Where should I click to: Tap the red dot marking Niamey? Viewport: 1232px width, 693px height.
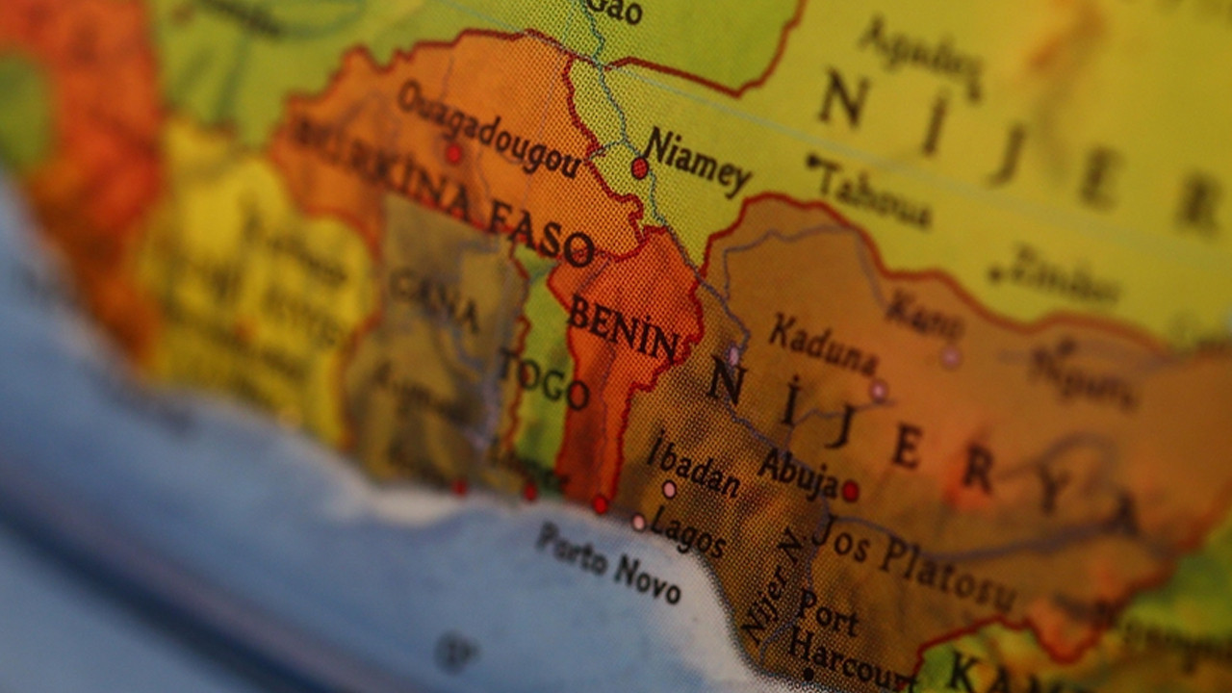639,168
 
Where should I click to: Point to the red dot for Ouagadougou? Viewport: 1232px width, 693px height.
452,153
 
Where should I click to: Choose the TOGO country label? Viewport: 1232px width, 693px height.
544,379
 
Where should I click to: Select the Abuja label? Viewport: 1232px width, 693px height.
798,473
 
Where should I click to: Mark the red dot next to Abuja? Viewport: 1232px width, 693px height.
850,491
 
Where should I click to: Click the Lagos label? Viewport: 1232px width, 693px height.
687,531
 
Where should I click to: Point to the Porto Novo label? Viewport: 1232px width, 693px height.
608,562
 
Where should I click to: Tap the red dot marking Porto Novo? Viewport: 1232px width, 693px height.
600,503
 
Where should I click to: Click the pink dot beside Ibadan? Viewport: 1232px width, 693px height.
669,490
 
